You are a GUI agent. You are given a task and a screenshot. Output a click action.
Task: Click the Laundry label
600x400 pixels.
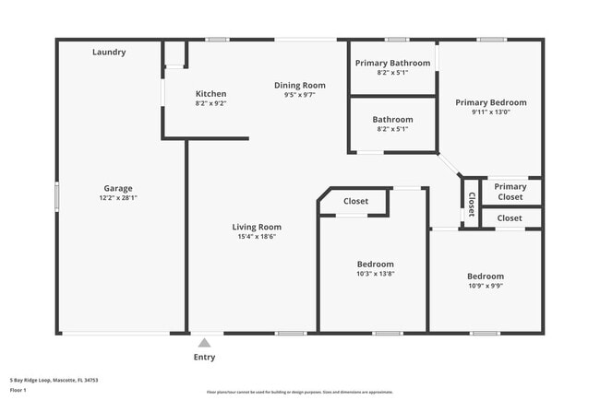(x=109, y=53)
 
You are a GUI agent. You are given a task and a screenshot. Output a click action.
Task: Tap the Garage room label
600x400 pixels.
(x=118, y=188)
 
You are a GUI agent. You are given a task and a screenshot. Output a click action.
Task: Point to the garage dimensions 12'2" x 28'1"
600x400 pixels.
(x=118, y=198)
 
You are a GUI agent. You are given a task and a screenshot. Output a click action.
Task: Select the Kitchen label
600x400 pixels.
(x=210, y=94)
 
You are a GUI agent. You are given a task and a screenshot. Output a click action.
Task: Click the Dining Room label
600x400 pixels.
(x=294, y=85)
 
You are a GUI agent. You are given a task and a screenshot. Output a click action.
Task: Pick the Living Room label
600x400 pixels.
(x=256, y=227)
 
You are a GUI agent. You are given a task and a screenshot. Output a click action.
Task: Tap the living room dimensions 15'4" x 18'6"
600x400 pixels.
(x=256, y=237)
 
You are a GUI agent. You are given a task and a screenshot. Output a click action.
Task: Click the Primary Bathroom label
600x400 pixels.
(x=392, y=63)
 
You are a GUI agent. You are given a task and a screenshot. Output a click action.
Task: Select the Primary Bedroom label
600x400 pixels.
(x=491, y=102)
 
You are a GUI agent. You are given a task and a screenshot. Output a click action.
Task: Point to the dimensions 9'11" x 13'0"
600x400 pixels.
(x=491, y=112)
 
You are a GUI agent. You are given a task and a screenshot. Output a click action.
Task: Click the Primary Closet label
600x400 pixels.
(x=510, y=192)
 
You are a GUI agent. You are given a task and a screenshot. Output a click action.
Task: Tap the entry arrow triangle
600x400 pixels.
(x=204, y=342)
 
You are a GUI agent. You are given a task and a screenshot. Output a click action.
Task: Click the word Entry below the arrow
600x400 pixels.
(x=204, y=358)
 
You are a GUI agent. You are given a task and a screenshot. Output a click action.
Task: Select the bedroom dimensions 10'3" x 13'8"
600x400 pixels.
(x=376, y=274)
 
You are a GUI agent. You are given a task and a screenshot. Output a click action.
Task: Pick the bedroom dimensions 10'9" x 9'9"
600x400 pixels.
(x=485, y=287)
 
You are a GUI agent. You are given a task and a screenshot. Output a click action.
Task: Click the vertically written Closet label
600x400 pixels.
(x=471, y=203)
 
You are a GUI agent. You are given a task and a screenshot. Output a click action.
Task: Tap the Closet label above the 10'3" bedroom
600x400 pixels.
(x=355, y=201)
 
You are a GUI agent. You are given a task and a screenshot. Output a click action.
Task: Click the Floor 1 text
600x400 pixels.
(x=18, y=390)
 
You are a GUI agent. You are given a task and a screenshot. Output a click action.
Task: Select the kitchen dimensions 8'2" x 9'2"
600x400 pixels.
(x=210, y=104)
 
